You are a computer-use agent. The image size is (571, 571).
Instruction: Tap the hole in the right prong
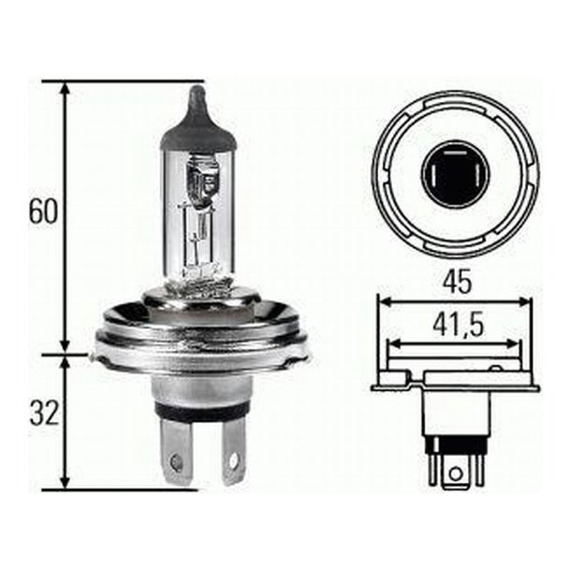(233, 461)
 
